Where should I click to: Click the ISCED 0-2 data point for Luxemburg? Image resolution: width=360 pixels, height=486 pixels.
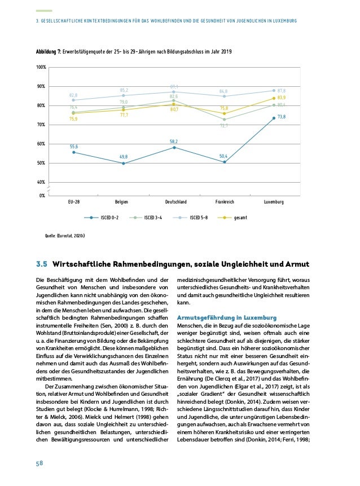point(273,118)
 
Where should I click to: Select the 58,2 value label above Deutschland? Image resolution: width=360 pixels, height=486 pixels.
point(174,141)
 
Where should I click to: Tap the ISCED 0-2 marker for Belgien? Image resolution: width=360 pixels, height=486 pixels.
point(124,164)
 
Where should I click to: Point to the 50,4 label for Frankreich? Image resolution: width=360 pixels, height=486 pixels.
point(223,156)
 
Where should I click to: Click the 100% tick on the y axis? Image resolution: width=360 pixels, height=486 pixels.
point(41,68)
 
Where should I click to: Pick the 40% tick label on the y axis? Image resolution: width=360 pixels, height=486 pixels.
point(41,182)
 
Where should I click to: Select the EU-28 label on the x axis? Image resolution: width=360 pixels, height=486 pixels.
point(74,201)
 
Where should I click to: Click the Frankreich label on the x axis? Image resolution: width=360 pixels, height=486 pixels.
point(224,201)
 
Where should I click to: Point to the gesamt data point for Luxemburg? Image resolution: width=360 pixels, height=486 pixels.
point(273,99)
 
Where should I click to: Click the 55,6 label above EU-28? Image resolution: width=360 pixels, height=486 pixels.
point(74,146)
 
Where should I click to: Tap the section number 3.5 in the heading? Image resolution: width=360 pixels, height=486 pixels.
point(42,264)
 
